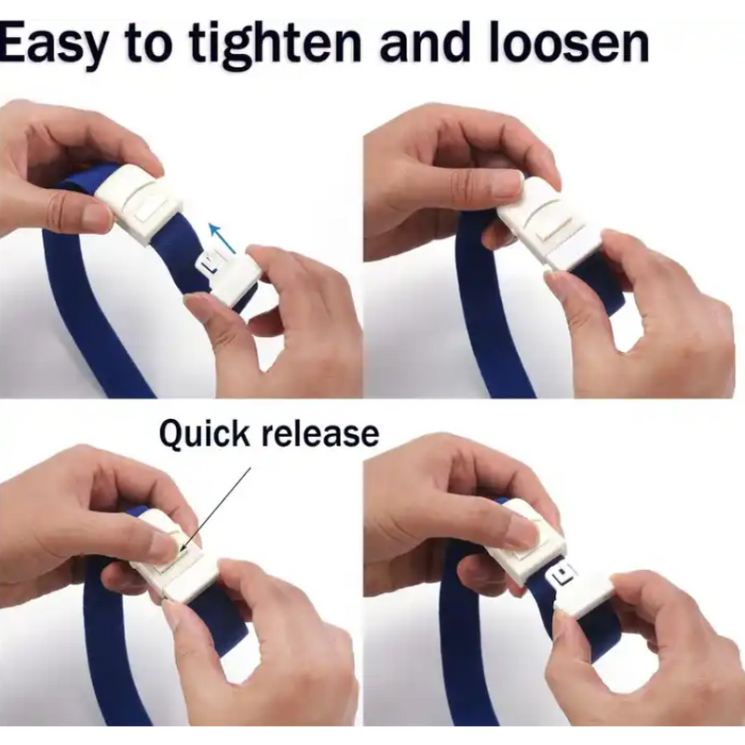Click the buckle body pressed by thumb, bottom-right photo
tap(526, 549)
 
